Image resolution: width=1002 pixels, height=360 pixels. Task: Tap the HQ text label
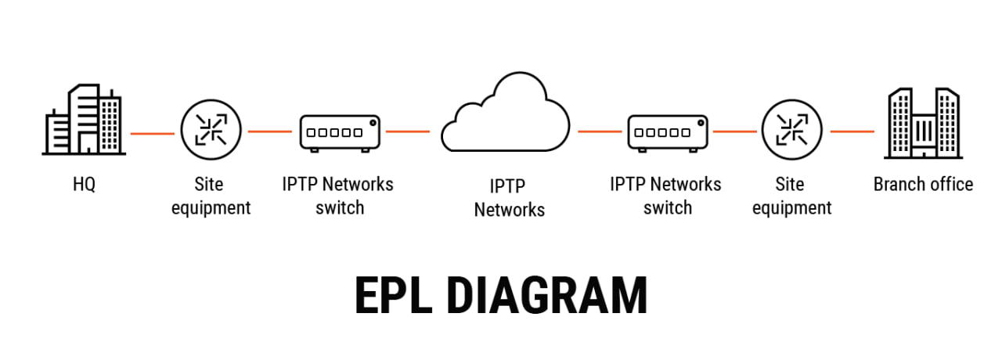click(x=83, y=185)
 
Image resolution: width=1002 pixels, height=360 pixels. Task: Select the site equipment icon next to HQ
click(x=211, y=131)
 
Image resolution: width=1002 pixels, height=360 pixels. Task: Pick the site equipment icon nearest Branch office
click(x=791, y=131)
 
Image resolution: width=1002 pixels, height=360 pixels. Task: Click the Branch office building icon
click(x=923, y=123)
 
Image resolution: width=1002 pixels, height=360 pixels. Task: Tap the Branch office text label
click(x=923, y=185)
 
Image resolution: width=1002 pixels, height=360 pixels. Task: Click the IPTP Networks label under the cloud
click(x=509, y=198)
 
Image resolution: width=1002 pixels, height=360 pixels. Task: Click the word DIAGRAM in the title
click(x=547, y=296)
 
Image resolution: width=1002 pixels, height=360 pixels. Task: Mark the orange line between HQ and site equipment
click(x=153, y=133)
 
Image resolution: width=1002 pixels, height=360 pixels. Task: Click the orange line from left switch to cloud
click(x=407, y=131)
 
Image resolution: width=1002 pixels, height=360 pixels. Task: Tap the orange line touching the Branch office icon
click(x=852, y=131)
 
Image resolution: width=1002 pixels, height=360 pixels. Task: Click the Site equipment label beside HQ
click(x=211, y=196)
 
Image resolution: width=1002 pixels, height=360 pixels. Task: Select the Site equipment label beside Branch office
click(x=791, y=196)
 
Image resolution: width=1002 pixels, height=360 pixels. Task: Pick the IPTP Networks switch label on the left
click(x=338, y=196)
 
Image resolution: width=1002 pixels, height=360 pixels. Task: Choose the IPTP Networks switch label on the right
click(x=665, y=196)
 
